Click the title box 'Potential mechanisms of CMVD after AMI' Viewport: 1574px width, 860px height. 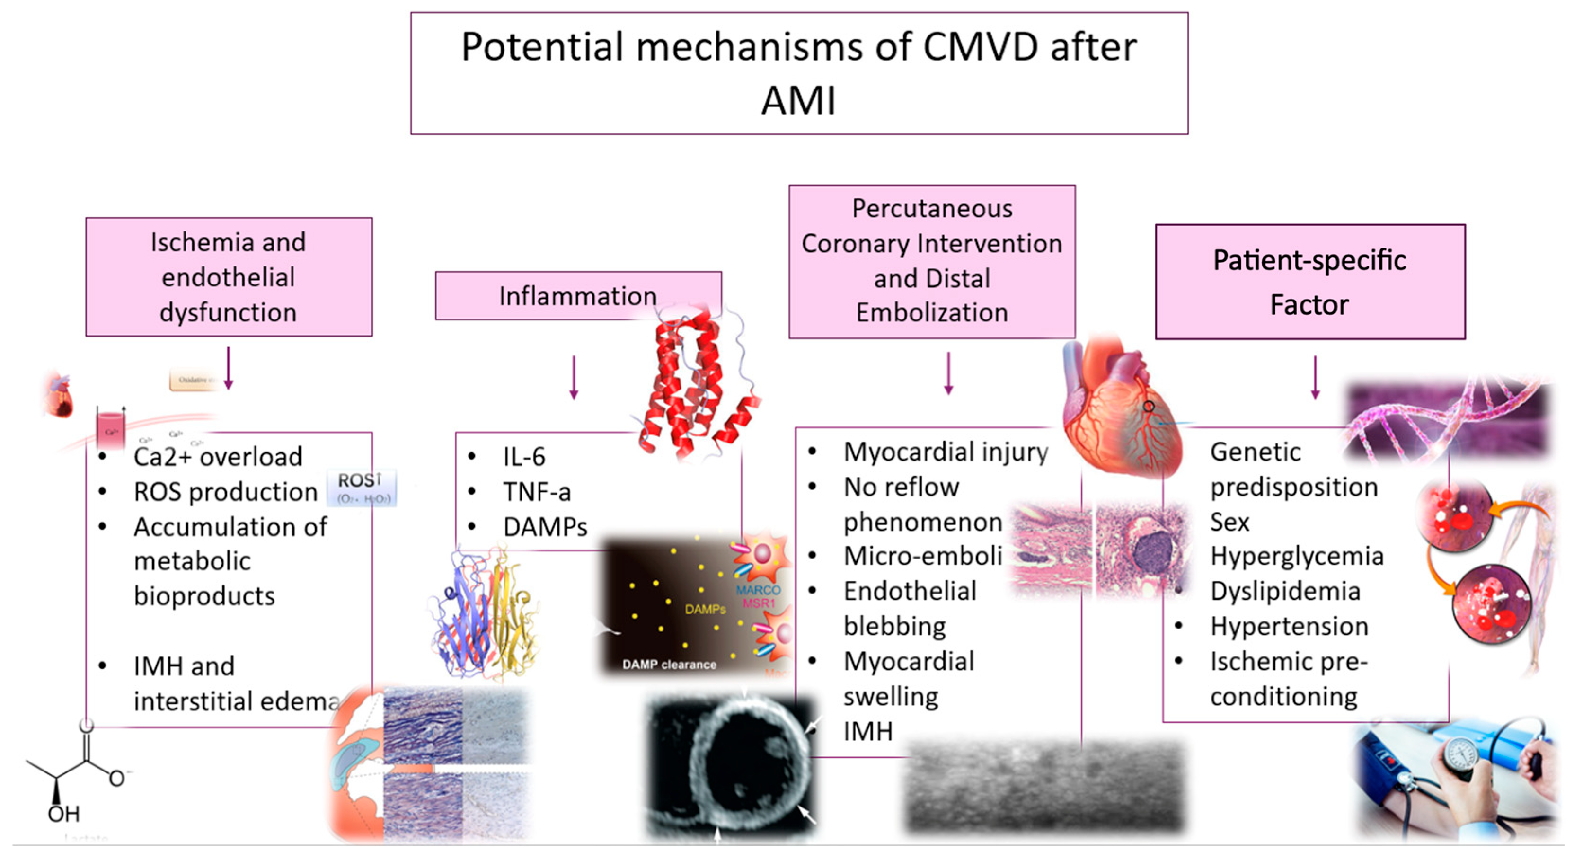pyautogui.click(x=799, y=73)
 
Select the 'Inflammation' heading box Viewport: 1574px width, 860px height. pyautogui.click(x=577, y=296)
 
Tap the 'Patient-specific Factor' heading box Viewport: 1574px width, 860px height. pyautogui.click(x=1309, y=282)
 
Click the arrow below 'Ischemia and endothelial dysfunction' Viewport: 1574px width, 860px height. pyautogui.click(x=229, y=368)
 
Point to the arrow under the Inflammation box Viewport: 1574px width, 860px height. pyautogui.click(x=574, y=378)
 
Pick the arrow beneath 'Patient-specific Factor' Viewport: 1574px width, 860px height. pyautogui.click(x=1315, y=377)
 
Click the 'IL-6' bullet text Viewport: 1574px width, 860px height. pyautogui.click(x=524, y=457)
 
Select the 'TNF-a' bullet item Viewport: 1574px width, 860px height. pyautogui.click(x=537, y=492)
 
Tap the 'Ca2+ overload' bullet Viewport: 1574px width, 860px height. pyautogui.click(x=218, y=457)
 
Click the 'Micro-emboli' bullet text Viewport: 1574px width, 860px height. pyautogui.click(x=923, y=556)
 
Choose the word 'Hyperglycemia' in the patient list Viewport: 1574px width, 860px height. pyautogui.click(x=1297, y=556)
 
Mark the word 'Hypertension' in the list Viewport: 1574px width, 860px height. pyautogui.click(x=1289, y=627)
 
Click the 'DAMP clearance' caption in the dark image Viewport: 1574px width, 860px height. pyautogui.click(x=669, y=665)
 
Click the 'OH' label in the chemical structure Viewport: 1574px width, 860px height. pyautogui.click(x=63, y=814)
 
